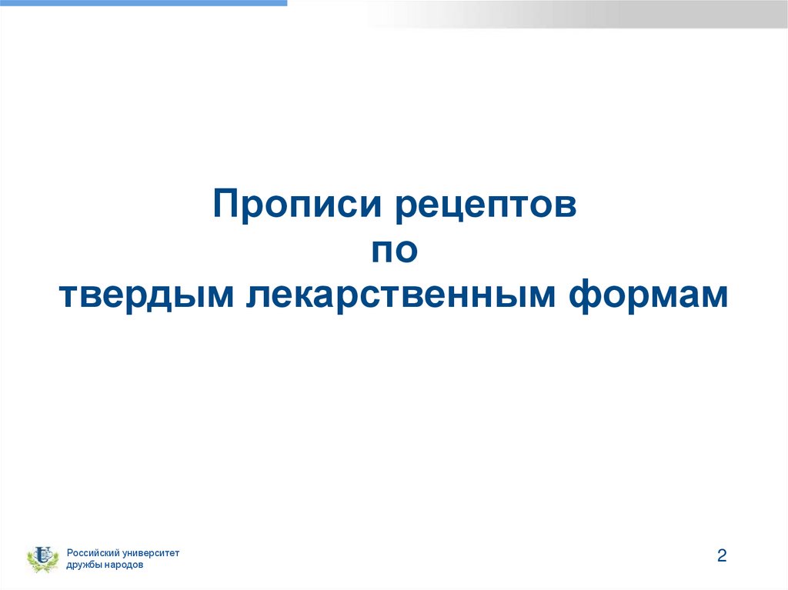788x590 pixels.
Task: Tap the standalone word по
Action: click(394, 251)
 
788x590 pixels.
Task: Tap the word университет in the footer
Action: click(152, 553)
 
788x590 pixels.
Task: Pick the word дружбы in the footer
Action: click(84, 565)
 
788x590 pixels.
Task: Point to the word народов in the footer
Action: click(123, 565)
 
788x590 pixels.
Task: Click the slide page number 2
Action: click(721, 556)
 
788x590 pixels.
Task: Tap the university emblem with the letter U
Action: click(43, 555)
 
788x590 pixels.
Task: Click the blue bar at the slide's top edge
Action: click(143, 3)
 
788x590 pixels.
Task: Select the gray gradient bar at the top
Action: click(577, 14)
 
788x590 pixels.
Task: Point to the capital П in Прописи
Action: click(225, 206)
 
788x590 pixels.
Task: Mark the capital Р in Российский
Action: click(69, 553)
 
